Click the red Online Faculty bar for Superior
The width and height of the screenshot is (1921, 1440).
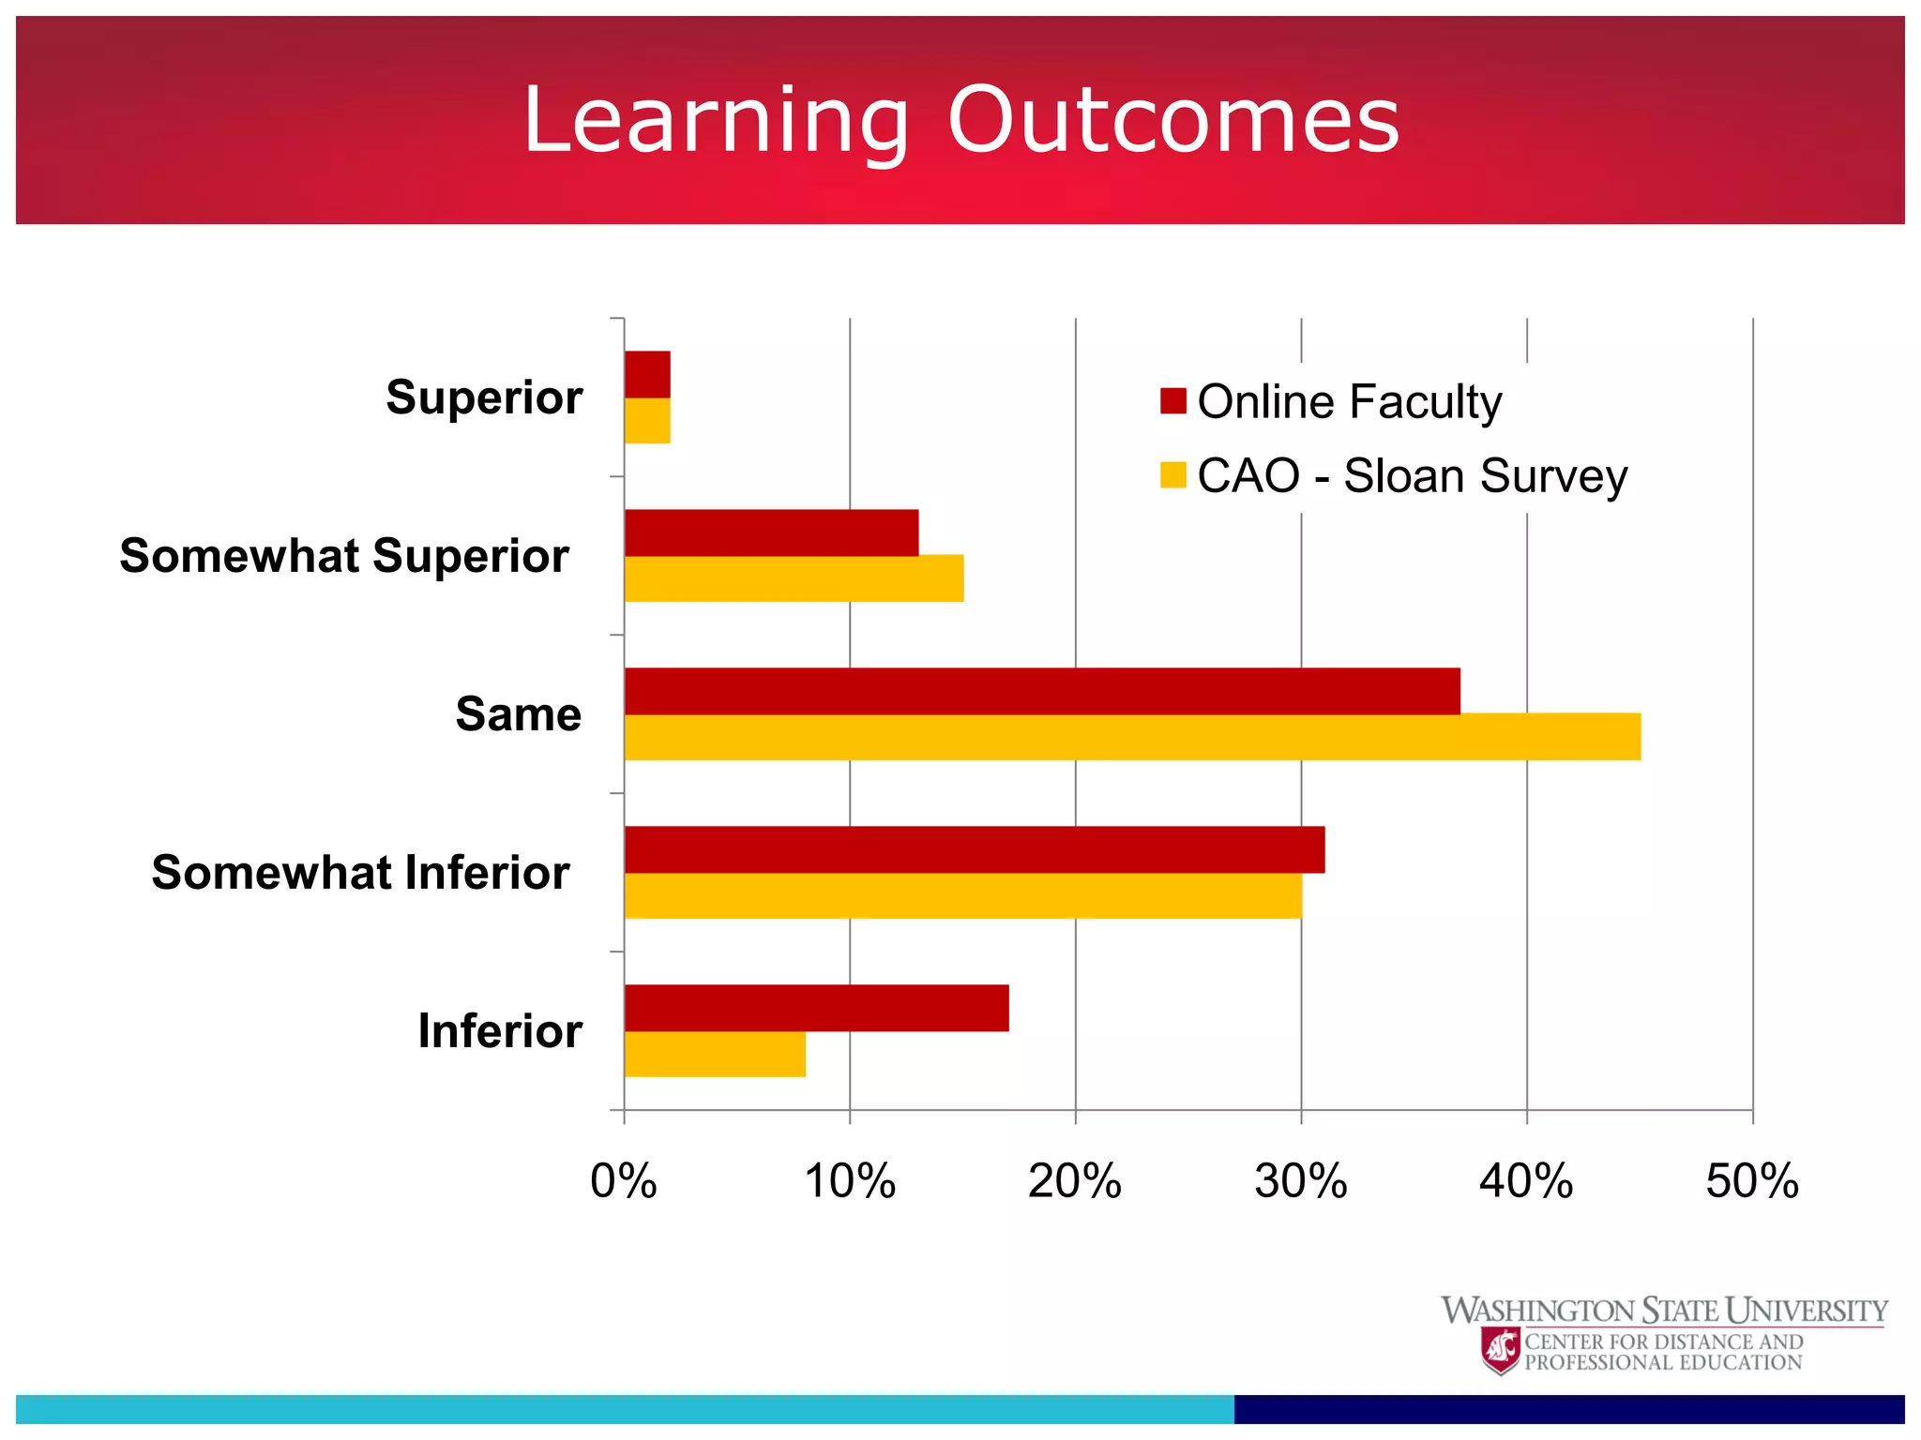(647, 375)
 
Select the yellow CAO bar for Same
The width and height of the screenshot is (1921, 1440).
(1132, 737)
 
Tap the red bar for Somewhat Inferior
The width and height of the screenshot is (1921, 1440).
(975, 849)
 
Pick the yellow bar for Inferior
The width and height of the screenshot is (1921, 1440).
(715, 1054)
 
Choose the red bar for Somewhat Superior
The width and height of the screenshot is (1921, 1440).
(771, 532)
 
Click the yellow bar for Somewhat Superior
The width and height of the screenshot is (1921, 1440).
(794, 578)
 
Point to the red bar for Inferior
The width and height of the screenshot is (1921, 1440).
(816, 1008)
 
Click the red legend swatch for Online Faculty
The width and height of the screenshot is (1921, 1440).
(1172, 401)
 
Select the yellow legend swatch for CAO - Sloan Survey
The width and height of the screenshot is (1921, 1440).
(1172, 475)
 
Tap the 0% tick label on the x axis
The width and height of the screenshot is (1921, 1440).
(624, 1181)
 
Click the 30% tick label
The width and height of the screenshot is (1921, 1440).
(1301, 1181)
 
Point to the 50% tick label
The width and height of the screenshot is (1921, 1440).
(1752, 1181)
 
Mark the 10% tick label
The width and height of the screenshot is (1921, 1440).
(850, 1181)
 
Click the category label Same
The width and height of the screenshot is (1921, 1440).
(518, 714)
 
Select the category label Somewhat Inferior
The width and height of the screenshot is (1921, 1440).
(360, 873)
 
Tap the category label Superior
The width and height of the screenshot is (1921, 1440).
(484, 397)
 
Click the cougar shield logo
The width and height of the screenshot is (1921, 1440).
(1501, 1351)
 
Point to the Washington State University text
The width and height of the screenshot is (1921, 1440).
(1664, 1311)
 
